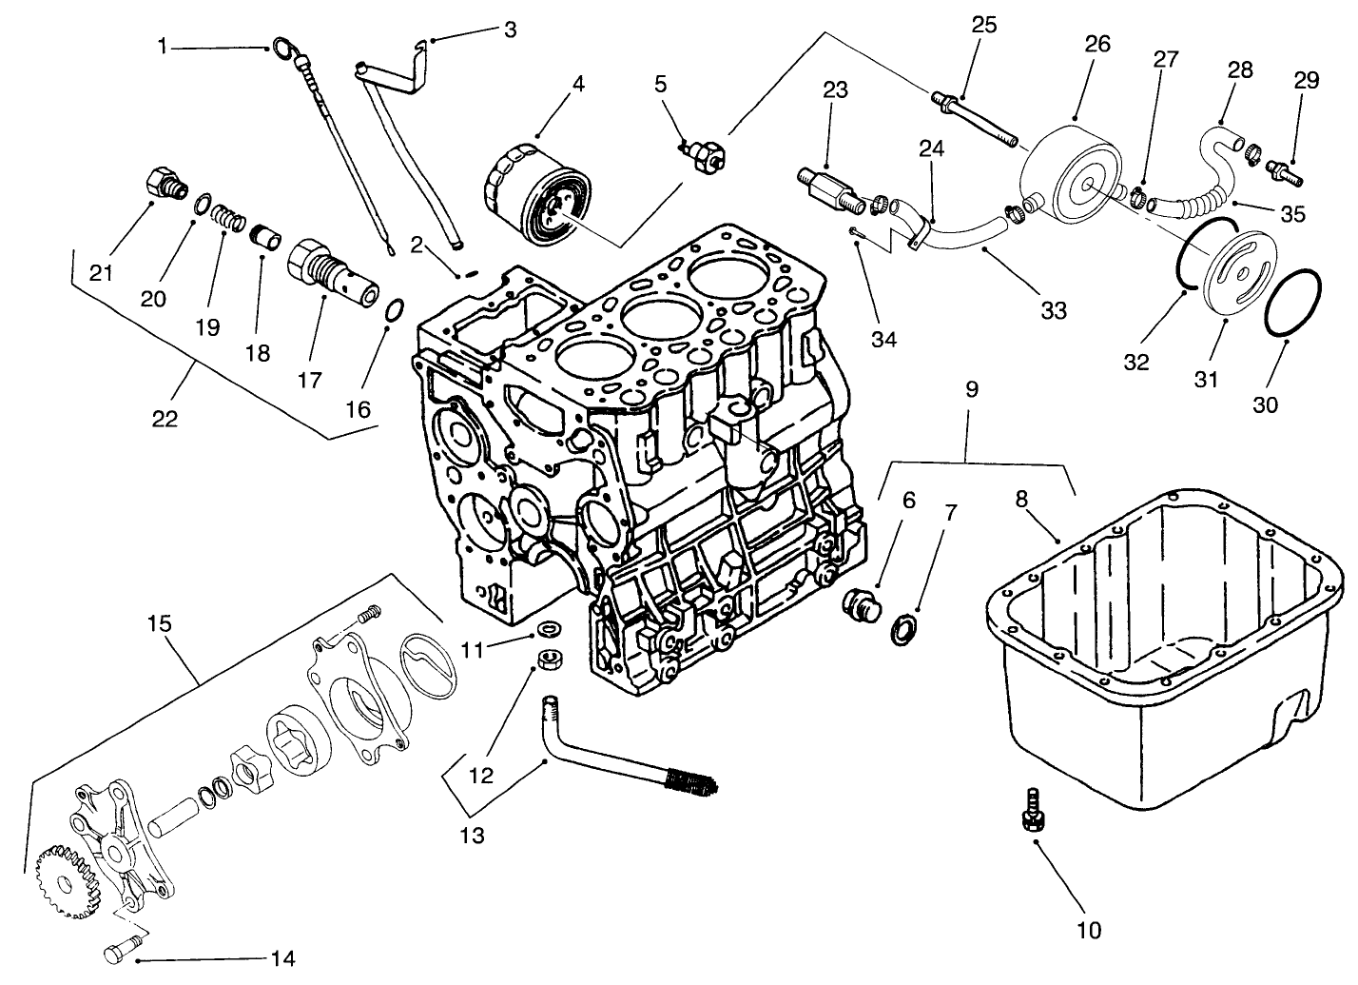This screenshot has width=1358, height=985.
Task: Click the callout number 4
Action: pyautogui.click(x=577, y=83)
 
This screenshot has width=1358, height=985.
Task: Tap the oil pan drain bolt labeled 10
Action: pyautogui.click(x=1031, y=811)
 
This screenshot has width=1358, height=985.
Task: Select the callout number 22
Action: pyautogui.click(x=165, y=418)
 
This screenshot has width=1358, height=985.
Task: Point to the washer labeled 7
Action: pyautogui.click(x=905, y=628)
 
